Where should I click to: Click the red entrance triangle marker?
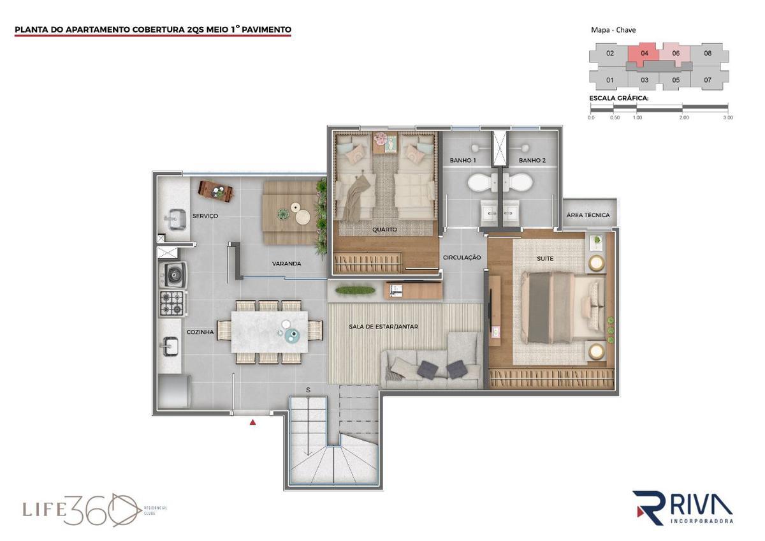tap(252, 422)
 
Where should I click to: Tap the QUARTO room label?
tap(384, 229)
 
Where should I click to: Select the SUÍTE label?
tap(545, 259)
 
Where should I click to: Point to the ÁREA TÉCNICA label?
tap(588, 215)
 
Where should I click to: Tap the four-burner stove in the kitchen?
tap(173, 303)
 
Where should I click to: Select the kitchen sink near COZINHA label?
tap(170, 346)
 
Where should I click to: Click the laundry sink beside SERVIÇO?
tap(175, 219)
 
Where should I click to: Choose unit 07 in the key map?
tap(708, 80)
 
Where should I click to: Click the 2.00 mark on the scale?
tap(683, 117)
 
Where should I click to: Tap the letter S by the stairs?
tap(308, 390)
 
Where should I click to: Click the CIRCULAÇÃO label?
tap(462, 257)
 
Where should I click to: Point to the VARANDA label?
tap(286, 263)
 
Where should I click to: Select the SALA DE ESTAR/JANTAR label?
tap(383, 327)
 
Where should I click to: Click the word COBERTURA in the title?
tap(159, 30)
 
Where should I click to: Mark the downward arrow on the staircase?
tap(309, 427)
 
